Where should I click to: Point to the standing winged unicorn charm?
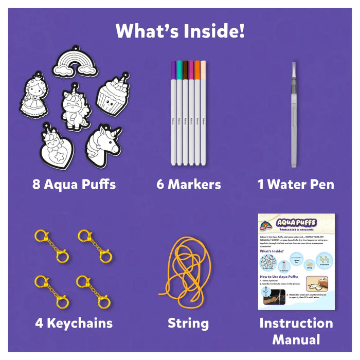(x=75, y=107)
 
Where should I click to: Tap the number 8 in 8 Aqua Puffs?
(x=37, y=184)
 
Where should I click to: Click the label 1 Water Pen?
(x=296, y=184)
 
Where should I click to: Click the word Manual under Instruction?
(x=296, y=340)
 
